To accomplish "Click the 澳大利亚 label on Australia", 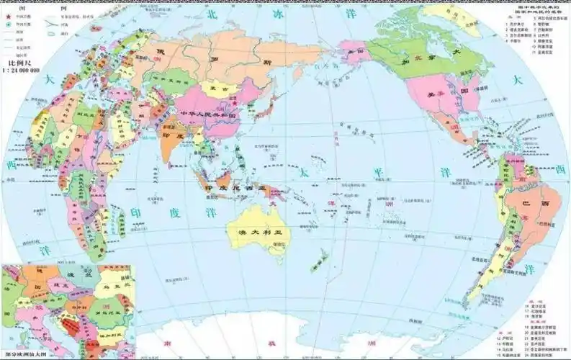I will tap(257, 232).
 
